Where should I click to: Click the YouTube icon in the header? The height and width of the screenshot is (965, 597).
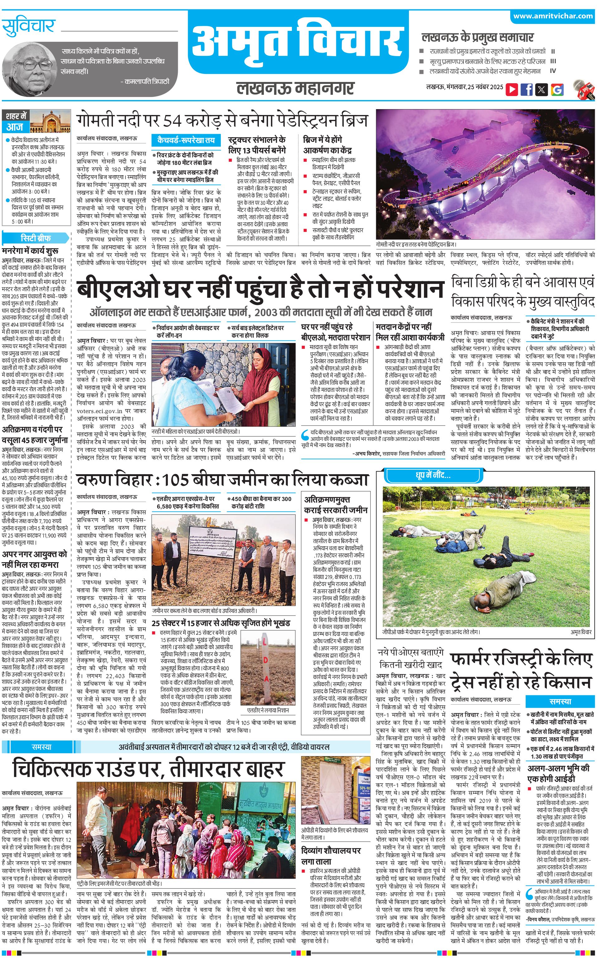(512, 89)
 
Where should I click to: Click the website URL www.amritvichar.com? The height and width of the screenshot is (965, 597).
(553, 16)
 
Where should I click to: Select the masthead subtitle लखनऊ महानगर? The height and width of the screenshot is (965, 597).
(295, 88)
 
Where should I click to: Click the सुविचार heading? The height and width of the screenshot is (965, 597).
(28, 27)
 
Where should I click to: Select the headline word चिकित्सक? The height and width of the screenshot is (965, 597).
(59, 769)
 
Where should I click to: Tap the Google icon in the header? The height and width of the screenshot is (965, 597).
(557, 89)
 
